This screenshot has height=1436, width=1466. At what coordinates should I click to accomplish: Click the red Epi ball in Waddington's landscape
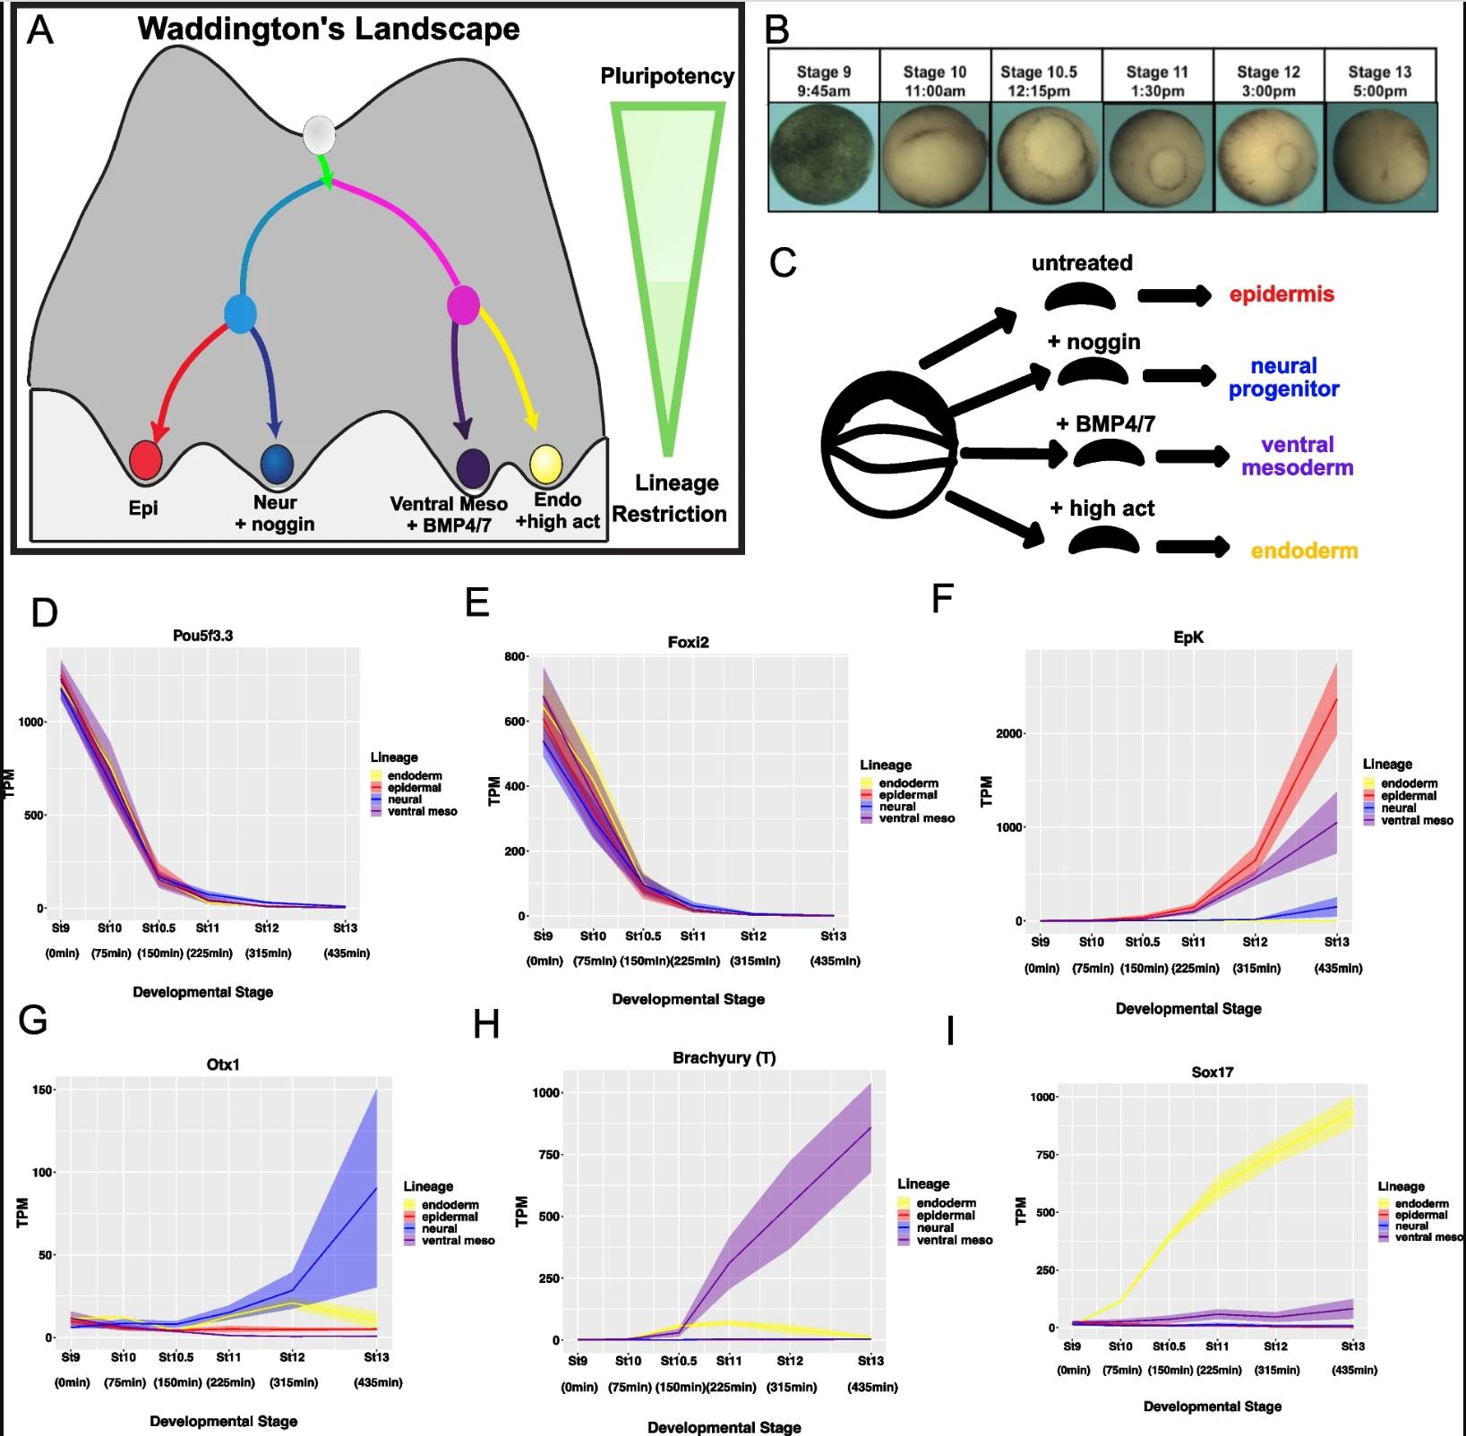click(x=145, y=460)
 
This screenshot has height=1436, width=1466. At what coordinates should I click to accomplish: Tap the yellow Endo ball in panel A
click(x=546, y=464)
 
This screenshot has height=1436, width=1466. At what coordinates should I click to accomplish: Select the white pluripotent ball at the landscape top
click(x=319, y=135)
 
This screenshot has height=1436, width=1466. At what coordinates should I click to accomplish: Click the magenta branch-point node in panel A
click(x=463, y=304)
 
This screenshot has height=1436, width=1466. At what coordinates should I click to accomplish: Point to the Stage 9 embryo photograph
click(x=823, y=157)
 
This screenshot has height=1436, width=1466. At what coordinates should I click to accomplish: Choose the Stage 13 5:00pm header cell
click(x=1379, y=81)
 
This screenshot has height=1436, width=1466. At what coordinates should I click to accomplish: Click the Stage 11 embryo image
click(x=1157, y=157)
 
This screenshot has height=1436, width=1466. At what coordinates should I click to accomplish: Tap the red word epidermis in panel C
click(x=1281, y=295)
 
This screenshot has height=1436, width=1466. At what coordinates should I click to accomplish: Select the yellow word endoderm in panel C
click(x=1304, y=551)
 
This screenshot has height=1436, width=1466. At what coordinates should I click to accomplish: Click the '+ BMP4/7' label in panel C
click(x=1105, y=423)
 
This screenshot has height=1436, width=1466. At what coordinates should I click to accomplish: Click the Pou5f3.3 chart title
click(x=202, y=636)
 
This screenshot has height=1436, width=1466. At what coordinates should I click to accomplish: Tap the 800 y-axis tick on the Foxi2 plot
click(x=514, y=657)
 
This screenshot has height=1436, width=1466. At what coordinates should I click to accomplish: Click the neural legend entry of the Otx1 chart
click(x=439, y=1228)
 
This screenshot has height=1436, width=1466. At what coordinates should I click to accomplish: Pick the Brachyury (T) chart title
click(x=724, y=1057)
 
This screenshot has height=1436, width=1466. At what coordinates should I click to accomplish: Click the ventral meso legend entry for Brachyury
click(x=954, y=1240)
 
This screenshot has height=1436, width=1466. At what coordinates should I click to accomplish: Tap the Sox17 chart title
click(x=1212, y=1072)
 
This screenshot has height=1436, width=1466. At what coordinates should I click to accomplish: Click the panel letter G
click(x=33, y=1020)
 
